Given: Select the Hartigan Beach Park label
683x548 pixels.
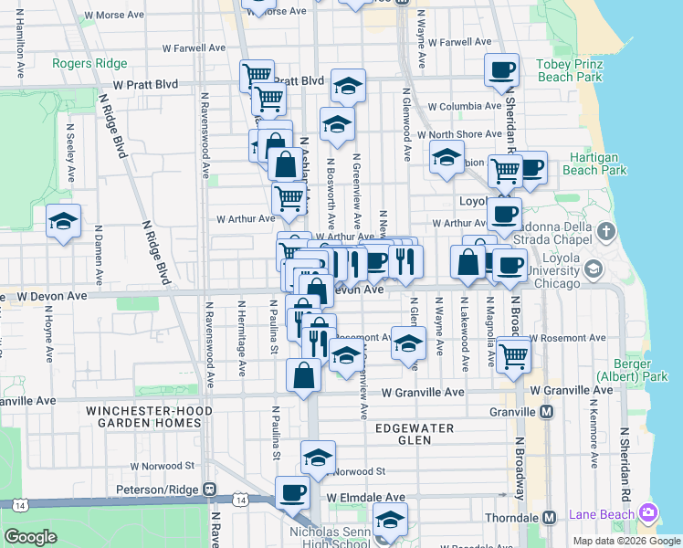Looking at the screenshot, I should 594,163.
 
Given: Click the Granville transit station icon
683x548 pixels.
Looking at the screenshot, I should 546,412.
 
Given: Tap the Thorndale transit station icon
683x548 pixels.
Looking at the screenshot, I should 550,517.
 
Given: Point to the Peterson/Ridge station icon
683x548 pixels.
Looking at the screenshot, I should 209,489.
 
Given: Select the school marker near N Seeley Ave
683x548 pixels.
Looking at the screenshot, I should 63,221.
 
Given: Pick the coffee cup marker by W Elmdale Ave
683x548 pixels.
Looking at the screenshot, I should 293,493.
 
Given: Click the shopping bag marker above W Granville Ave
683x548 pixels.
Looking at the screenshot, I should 303,374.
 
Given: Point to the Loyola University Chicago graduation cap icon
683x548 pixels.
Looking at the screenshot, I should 594,269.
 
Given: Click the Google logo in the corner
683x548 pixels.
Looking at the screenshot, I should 31,537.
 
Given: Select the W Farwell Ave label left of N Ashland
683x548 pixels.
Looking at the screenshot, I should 194,47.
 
